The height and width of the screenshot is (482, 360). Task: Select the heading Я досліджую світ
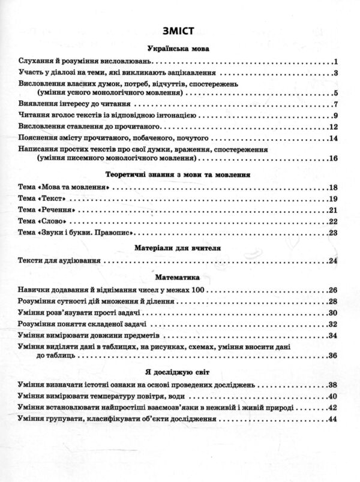coord(179,370)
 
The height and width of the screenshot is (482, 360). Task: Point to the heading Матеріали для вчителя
coord(179,246)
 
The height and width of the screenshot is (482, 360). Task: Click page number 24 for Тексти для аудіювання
coord(334,261)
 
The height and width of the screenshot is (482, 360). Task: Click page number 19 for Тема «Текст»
coord(334,199)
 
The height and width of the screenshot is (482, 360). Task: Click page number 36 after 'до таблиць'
coord(334,357)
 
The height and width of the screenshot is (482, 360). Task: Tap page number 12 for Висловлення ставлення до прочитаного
coord(334,127)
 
